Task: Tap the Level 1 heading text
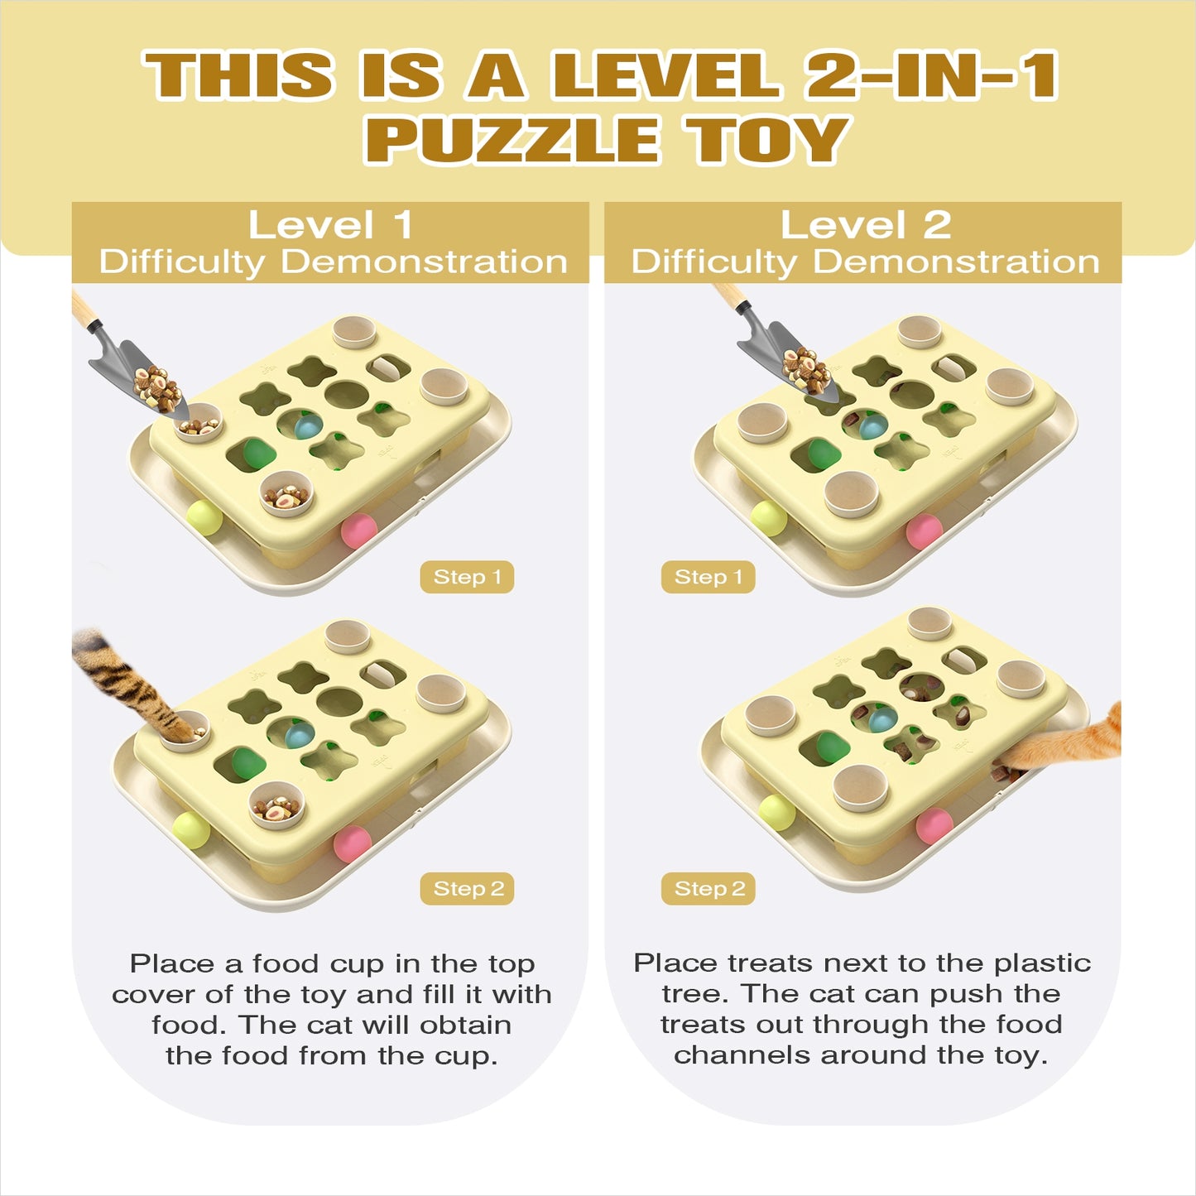click(331, 224)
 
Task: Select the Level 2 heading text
click(866, 224)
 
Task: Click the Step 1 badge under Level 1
click(467, 577)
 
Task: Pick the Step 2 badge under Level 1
click(467, 889)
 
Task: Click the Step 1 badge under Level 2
click(708, 577)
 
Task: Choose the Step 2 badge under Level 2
click(708, 889)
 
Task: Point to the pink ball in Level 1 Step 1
click(359, 531)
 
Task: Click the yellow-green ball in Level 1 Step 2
click(191, 830)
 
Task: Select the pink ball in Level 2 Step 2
click(934, 826)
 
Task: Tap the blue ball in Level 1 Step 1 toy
click(307, 426)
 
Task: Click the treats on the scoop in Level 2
click(805, 371)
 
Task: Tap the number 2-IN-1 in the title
click(930, 75)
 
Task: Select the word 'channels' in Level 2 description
click(742, 1055)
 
